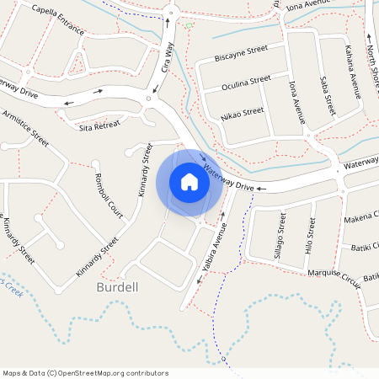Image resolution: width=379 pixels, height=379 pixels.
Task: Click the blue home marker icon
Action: coord(189,182)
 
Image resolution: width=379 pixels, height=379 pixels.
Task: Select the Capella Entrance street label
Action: coord(56,19)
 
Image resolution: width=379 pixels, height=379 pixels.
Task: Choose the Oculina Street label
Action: coord(246,83)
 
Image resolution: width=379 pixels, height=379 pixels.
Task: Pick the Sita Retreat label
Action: coord(99,126)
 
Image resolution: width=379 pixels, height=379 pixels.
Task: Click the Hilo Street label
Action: coord(311,237)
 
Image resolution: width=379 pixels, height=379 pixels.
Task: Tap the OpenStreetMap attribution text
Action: coord(85,372)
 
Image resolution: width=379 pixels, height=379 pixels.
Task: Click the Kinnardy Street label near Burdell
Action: coord(97,258)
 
